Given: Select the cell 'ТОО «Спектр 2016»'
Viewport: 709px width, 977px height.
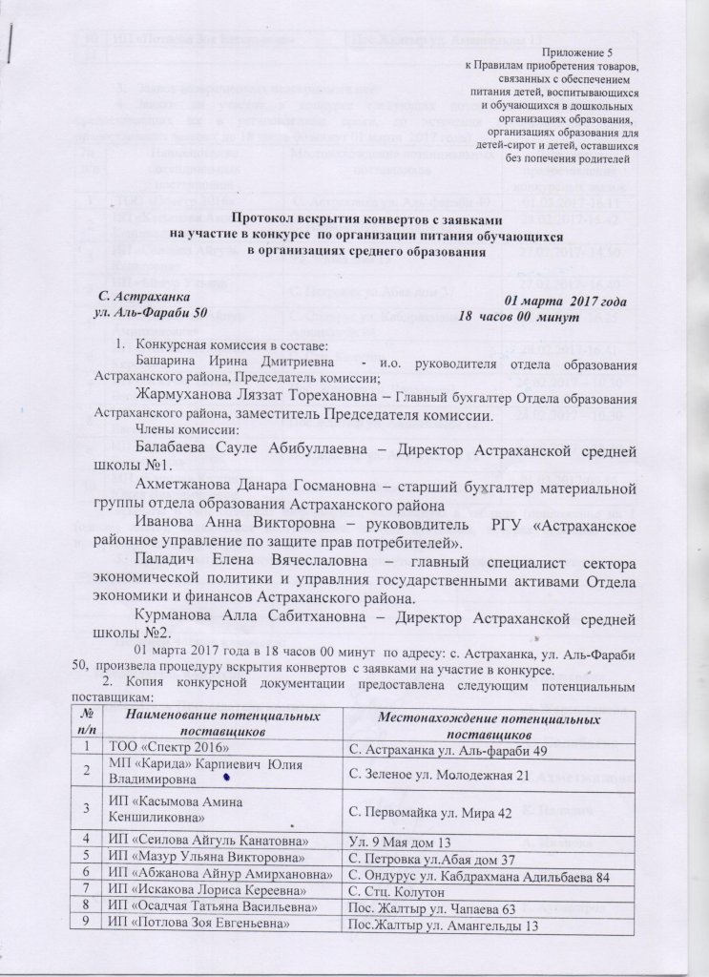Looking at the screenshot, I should tap(162, 743).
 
